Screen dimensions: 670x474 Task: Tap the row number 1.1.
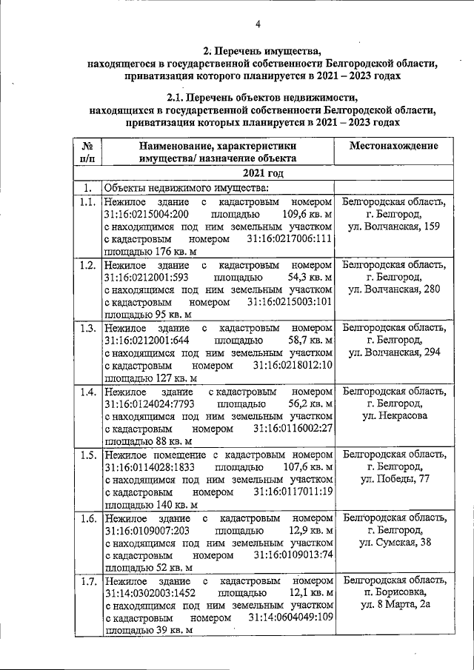pyautogui.click(x=87, y=202)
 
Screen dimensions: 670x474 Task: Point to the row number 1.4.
pyautogui.click(x=87, y=391)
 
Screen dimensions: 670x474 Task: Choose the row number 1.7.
pyautogui.click(x=87, y=580)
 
